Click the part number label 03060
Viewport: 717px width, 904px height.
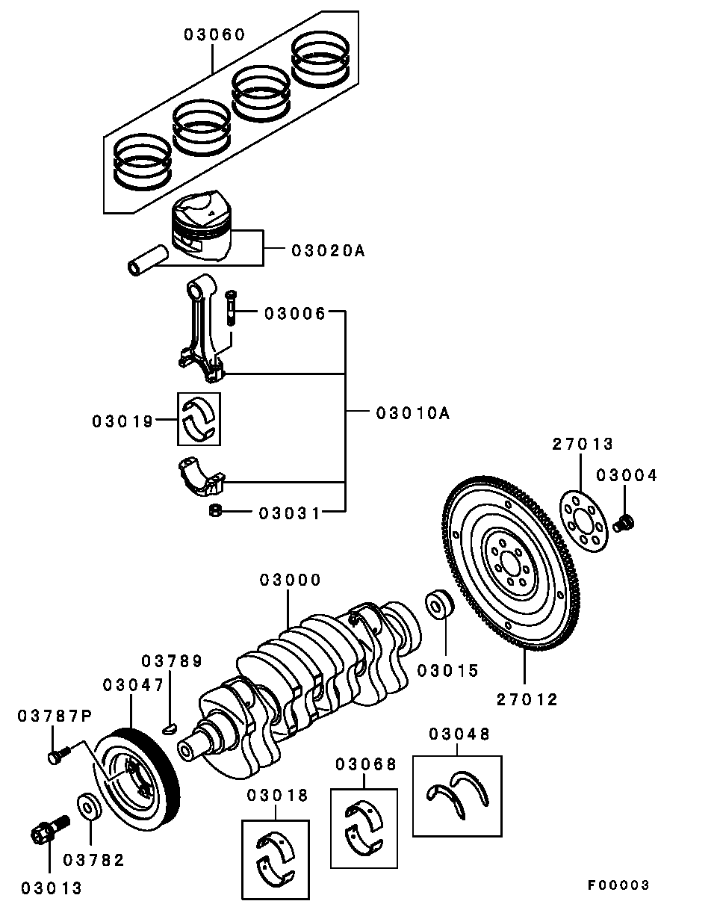(x=214, y=34)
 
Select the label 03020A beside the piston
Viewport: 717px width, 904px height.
(x=328, y=251)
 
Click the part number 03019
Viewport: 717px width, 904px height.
(x=122, y=421)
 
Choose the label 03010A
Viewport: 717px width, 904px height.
(x=413, y=412)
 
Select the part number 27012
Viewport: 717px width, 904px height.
(x=527, y=699)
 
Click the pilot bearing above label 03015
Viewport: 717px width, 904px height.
(x=438, y=605)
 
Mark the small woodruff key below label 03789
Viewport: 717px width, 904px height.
(x=170, y=728)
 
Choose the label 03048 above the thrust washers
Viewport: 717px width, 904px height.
(x=459, y=734)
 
